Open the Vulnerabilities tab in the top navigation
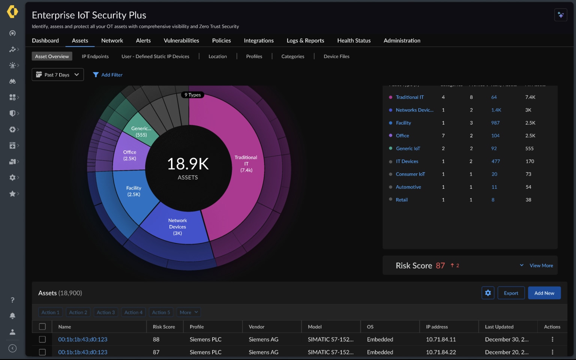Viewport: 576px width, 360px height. (x=181, y=40)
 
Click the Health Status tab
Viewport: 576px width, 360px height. (x=354, y=40)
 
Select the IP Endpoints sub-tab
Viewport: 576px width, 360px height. (x=95, y=56)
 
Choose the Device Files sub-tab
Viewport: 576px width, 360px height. (x=336, y=56)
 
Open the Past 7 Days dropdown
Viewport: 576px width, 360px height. (x=58, y=75)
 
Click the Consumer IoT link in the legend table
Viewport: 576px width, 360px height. (x=410, y=174)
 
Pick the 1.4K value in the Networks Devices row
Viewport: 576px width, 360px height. (x=496, y=110)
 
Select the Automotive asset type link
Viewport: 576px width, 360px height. (x=408, y=187)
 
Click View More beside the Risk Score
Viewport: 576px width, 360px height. (x=541, y=265)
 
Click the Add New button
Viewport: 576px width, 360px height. (x=544, y=293)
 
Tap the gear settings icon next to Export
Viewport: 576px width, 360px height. (x=488, y=293)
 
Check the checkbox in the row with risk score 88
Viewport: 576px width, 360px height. (x=42, y=339)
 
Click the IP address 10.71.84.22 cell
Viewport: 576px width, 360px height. (x=441, y=352)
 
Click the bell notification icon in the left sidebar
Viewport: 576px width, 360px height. (x=12, y=316)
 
